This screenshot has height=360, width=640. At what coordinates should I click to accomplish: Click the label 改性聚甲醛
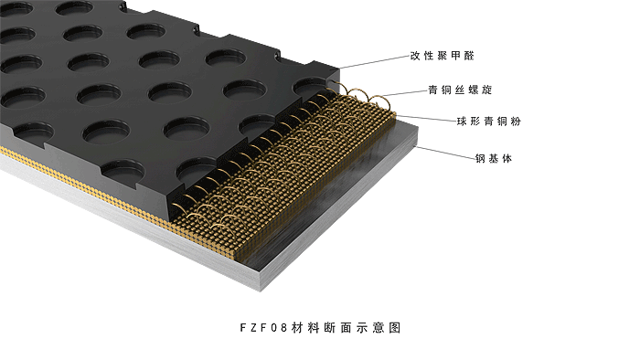click(442, 56)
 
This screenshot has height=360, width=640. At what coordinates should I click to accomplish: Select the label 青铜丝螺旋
click(460, 90)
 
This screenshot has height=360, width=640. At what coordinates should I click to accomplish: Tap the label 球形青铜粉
click(489, 122)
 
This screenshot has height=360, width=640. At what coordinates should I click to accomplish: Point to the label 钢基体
click(494, 158)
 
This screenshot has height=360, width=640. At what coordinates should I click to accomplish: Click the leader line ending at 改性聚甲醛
click(374, 62)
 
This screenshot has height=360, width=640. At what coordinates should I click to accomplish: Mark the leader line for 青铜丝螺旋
click(405, 93)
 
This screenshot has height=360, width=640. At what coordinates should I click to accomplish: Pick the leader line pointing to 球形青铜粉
click(426, 118)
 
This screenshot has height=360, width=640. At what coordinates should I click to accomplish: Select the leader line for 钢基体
click(445, 152)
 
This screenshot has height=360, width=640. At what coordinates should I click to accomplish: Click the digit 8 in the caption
click(284, 328)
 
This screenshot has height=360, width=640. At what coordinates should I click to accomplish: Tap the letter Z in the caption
click(253, 328)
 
